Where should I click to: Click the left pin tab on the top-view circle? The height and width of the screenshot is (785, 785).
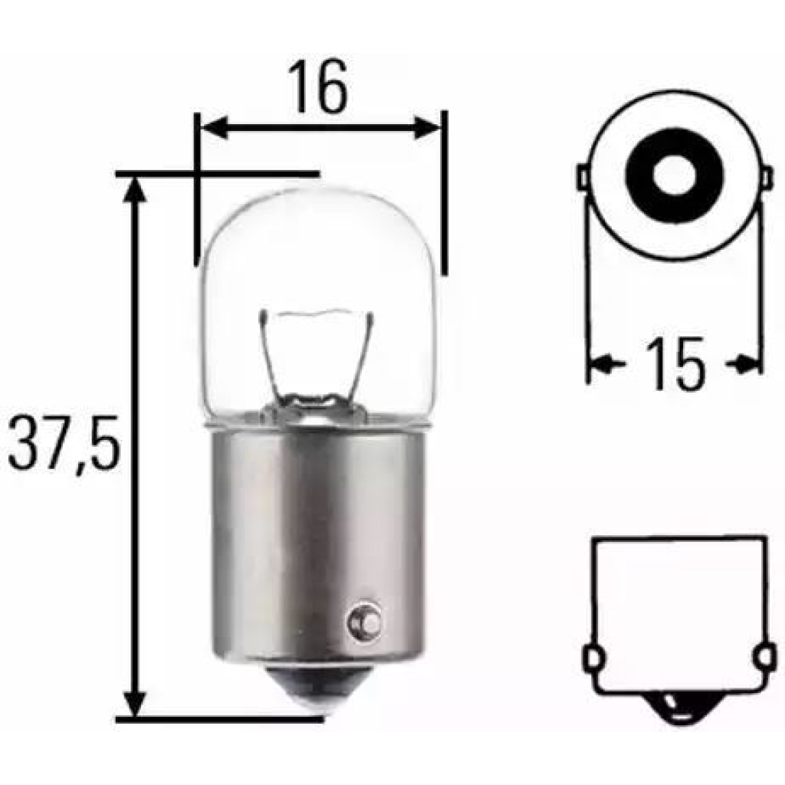582,178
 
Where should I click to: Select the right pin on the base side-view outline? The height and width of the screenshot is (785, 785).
763,657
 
